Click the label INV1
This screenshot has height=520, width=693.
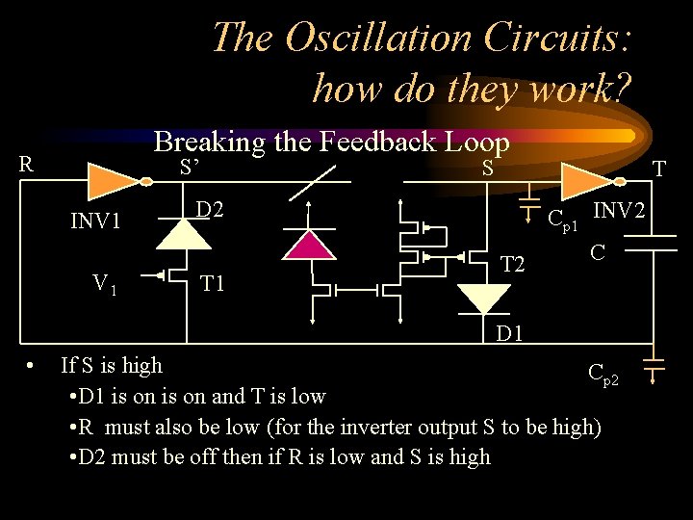95,222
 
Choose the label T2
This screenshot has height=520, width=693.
511,264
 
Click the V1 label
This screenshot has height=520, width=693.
105,284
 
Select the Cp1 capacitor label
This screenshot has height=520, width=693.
562,222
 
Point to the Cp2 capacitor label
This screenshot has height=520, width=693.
609,375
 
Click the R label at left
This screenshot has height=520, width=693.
27,163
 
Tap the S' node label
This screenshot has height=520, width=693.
190,167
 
